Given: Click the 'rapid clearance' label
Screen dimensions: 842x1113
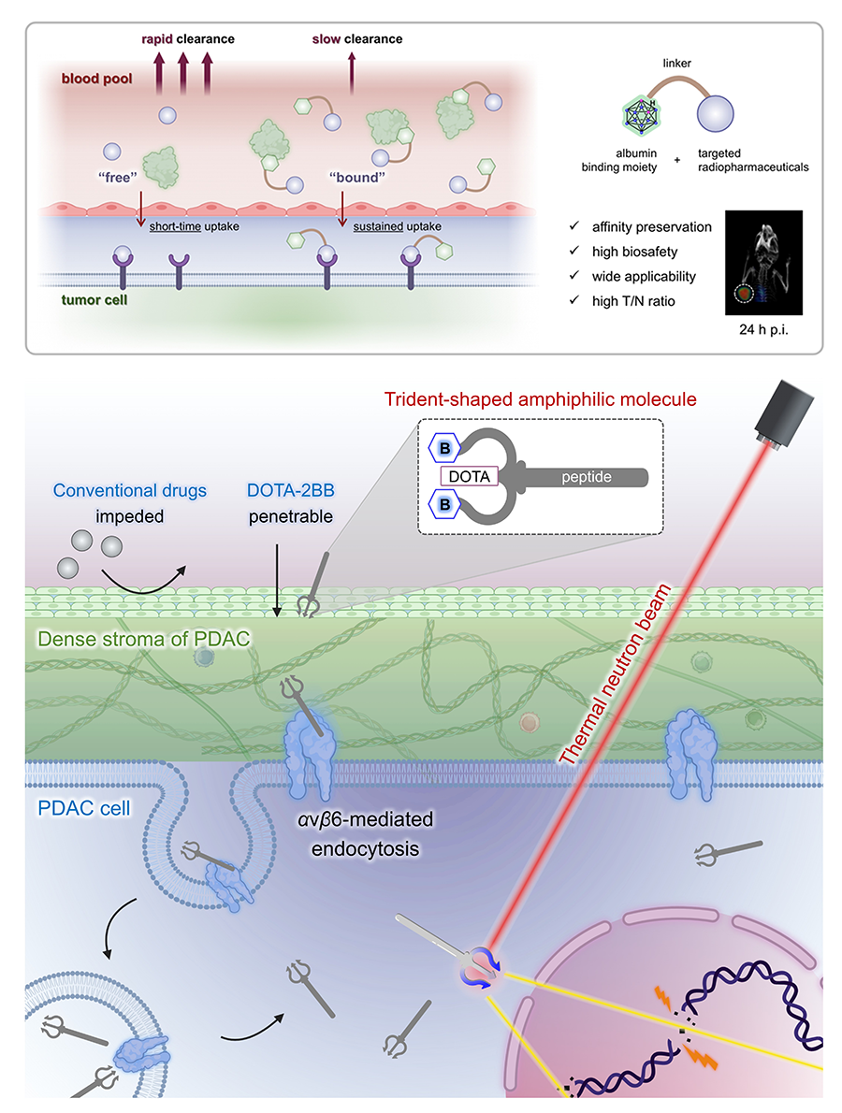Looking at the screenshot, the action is tap(187, 39).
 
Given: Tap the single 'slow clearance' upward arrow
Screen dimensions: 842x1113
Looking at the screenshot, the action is tap(352, 74).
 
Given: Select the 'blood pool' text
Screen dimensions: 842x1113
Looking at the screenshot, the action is tap(96, 79).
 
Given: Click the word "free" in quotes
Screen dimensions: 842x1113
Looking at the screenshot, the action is tap(117, 178).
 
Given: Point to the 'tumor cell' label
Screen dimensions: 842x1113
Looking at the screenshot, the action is tap(94, 300).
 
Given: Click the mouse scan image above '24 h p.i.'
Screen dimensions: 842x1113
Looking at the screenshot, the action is tap(763, 263).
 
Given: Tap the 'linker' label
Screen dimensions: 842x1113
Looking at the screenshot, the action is tap(676, 64).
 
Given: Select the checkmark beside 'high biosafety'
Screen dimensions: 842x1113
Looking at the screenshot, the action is tap(574, 251).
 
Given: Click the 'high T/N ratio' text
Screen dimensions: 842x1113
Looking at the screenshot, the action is tap(633, 301).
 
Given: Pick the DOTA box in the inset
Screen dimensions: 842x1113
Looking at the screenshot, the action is tap(470, 476).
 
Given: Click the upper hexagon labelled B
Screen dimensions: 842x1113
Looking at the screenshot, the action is tap(445, 448).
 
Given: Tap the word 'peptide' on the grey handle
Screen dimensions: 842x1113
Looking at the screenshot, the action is tap(587, 477).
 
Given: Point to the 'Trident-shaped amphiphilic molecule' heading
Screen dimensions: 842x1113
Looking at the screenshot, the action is tap(540, 399).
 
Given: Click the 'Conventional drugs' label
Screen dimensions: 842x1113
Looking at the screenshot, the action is tap(130, 490).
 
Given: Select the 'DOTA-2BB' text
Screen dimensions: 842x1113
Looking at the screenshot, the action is tap(290, 490).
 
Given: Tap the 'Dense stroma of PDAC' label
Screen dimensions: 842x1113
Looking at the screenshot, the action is tap(143, 639).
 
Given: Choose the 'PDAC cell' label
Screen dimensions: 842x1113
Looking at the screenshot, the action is tap(84, 808).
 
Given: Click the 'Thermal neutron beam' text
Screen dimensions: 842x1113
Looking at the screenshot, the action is tap(615, 674).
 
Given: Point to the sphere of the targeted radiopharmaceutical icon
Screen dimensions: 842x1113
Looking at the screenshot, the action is tap(715, 113).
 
